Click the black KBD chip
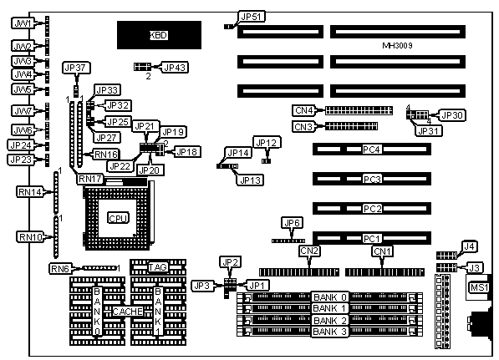[x=159, y=35]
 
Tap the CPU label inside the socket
[x=118, y=218]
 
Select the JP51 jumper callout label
[x=252, y=17]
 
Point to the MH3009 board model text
[x=397, y=45]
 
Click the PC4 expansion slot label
[x=371, y=150]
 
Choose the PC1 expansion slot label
[x=371, y=239]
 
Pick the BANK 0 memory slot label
[x=329, y=297]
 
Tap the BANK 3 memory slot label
[x=329, y=332]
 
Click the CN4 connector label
[x=304, y=110]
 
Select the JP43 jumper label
[x=175, y=68]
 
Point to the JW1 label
[x=23, y=23]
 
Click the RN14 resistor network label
[x=30, y=192]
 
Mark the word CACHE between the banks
[x=128, y=312]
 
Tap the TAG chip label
[x=158, y=267]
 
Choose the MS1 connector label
[x=479, y=287]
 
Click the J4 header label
[x=469, y=246]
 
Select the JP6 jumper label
[x=293, y=223]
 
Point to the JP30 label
[x=452, y=115]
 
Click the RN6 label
[x=60, y=269]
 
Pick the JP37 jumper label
[x=75, y=68]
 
